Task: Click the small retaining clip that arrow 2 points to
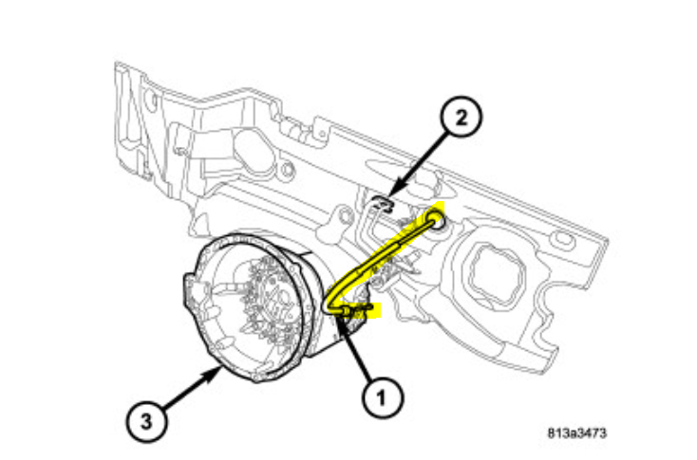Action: (382, 202)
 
